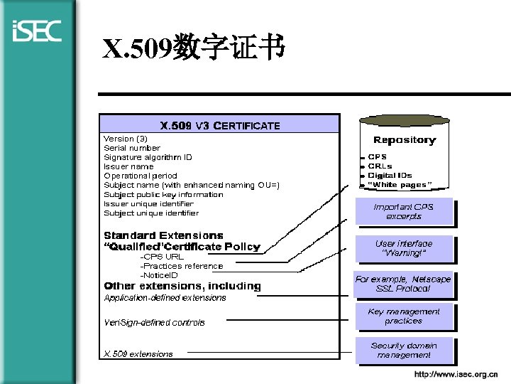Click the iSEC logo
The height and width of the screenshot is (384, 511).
(37, 31)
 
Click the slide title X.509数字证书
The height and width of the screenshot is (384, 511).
(194, 48)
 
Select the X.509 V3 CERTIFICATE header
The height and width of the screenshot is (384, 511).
(220, 126)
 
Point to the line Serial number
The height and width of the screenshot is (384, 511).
(132, 148)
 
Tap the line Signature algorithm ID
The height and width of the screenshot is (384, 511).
(148, 157)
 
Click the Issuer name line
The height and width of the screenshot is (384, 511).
(128, 166)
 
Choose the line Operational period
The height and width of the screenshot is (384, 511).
(141, 176)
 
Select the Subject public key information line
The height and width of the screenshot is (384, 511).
(163, 194)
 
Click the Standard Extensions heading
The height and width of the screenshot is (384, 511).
(163, 235)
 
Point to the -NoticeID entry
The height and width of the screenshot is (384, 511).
(159, 275)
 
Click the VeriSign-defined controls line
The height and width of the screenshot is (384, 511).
(154, 323)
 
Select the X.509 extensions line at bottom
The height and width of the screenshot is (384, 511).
(138, 354)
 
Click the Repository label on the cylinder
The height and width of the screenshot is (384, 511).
(405, 140)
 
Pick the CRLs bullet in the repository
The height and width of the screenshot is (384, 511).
(380, 166)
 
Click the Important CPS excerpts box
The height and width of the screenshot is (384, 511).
(403, 211)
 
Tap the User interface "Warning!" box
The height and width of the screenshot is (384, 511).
(403, 248)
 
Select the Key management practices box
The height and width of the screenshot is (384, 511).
(403, 316)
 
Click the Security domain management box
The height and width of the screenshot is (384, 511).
(403, 351)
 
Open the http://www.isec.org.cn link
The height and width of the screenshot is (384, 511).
(456, 374)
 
